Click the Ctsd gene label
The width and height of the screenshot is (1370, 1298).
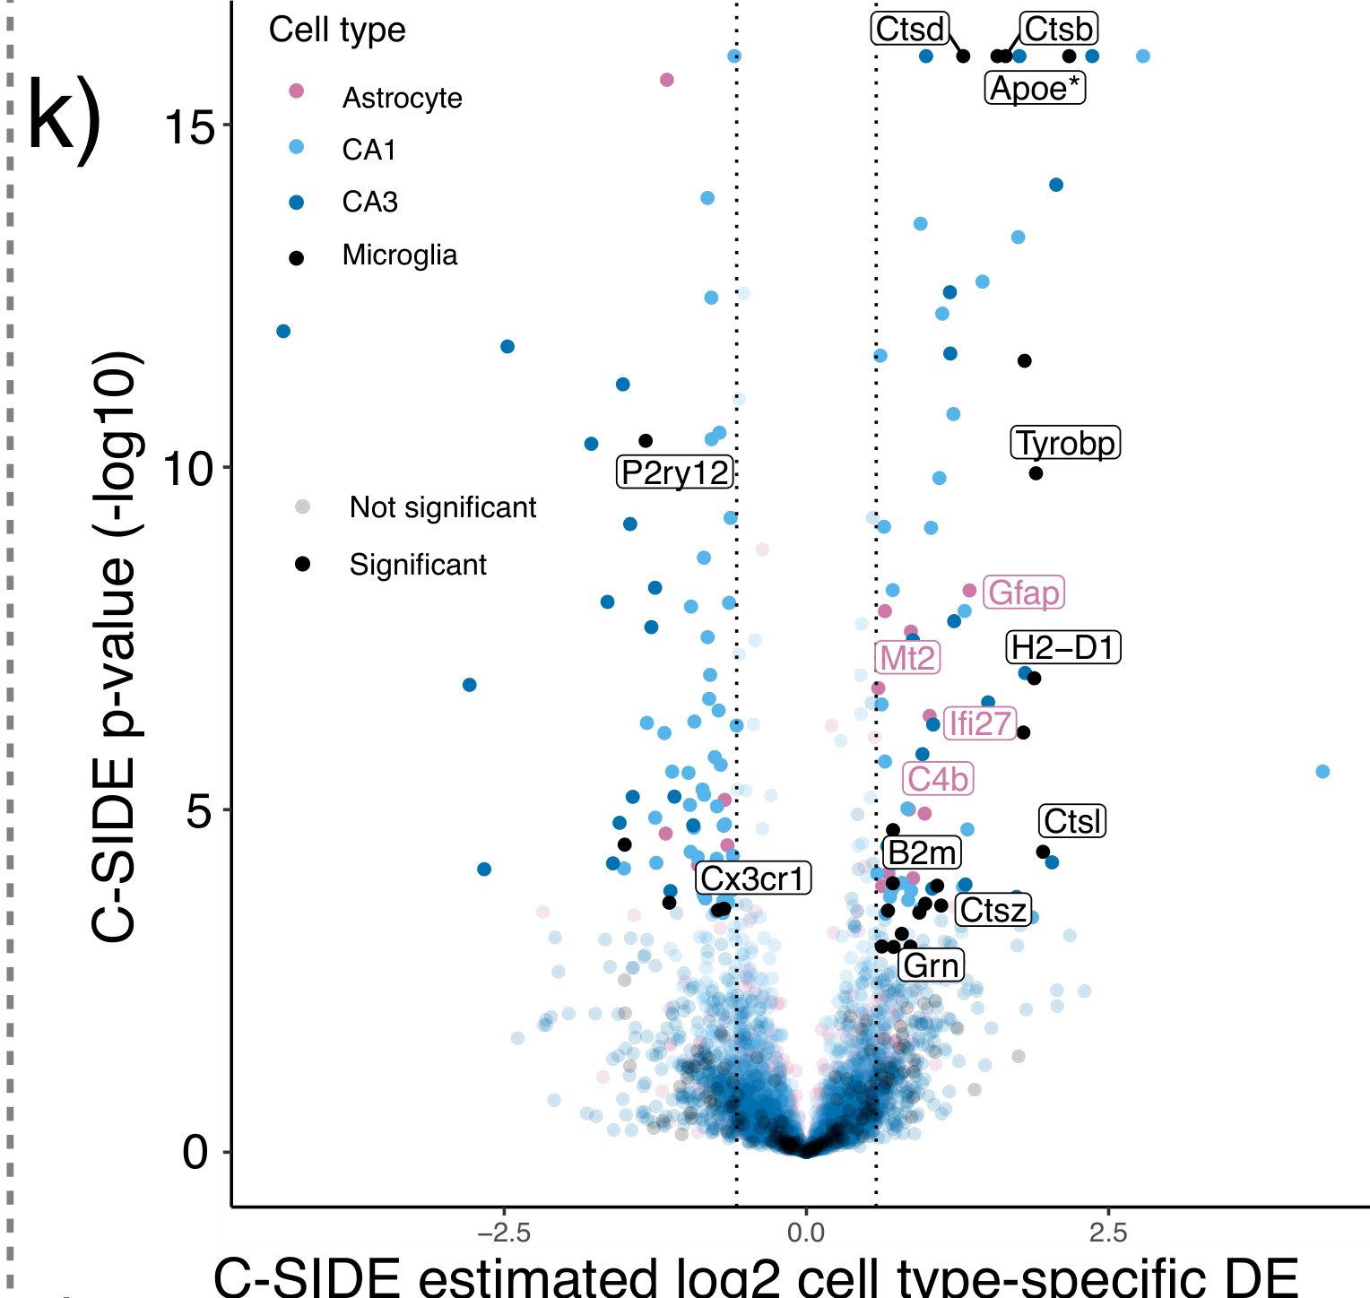(x=910, y=29)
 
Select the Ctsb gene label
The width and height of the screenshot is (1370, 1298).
(x=1058, y=29)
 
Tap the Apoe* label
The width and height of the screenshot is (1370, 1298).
(x=1036, y=88)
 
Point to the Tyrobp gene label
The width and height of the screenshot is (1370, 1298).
(x=1066, y=443)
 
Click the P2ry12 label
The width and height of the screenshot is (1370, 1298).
(x=676, y=472)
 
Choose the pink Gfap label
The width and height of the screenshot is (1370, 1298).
(x=1023, y=593)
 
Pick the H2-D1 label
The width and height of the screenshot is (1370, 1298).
(x=1063, y=647)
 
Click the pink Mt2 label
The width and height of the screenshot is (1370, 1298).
(x=907, y=658)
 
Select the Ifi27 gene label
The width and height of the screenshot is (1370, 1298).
(x=980, y=723)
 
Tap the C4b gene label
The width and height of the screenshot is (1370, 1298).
(x=938, y=779)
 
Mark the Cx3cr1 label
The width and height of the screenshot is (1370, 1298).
(x=753, y=878)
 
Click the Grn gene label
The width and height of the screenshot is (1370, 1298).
(x=932, y=965)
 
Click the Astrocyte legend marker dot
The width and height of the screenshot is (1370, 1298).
(x=297, y=91)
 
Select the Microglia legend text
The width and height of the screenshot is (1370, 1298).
(x=400, y=255)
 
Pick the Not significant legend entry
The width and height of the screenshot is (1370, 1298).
(x=442, y=507)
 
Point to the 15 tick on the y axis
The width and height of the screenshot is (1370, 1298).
(x=190, y=126)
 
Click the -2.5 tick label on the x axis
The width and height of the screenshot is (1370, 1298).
(x=503, y=1233)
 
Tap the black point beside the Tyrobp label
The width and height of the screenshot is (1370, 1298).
(x=1036, y=473)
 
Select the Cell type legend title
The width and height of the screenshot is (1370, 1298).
(x=337, y=30)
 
